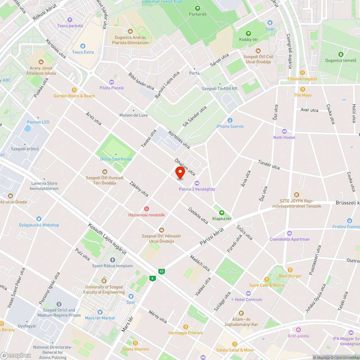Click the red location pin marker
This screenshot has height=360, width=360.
pyautogui.click(x=180, y=173)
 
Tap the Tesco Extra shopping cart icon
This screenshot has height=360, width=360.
pyautogui.click(x=83, y=46)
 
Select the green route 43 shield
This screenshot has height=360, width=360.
pyautogui.click(x=161, y=271)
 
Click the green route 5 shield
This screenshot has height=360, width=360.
pyautogui.click(x=153, y=278)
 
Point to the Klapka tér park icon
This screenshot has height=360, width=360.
pyautogui.click(x=221, y=212)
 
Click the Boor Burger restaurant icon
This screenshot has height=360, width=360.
pyautogui.click(x=290, y=270)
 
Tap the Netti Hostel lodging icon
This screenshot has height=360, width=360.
pyautogui.click(x=284, y=131)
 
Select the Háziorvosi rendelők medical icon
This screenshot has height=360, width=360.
pyautogui.click(x=147, y=209)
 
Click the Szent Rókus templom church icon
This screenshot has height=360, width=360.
pyautogui.click(x=112, y=260)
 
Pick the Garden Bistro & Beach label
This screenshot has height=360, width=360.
pyautogui.click(x=74, y=96)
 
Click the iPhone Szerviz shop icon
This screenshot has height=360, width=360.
pyautogui.click(x=230, y=120)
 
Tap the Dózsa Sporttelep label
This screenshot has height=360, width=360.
pyautogui.click(x=116, y=159)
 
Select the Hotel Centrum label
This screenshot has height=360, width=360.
pyautogui.click(x=248, y=300)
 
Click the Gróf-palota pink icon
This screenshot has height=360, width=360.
pyautogui.click(x=298, y=330)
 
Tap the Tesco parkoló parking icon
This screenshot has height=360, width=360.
pyautogui.click(x=70, y=20)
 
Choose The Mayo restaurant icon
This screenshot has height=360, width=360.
pyautogui.click(x=303, y=89)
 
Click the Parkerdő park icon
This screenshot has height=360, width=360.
pyautogui.click(x=197, y=8)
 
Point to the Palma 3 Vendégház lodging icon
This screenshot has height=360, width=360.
pyautogui.click(x=197, y=183)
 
